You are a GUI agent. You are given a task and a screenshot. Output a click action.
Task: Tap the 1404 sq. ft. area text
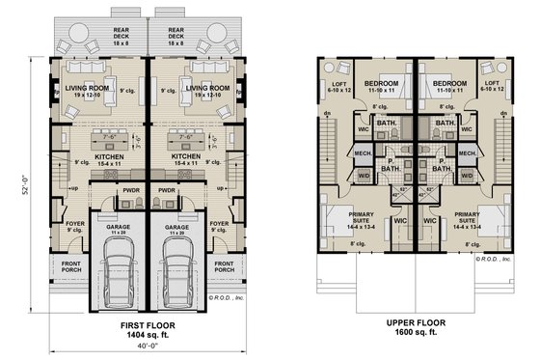pos(148,334)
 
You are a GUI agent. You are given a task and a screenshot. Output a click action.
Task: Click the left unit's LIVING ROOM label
pos(89,89)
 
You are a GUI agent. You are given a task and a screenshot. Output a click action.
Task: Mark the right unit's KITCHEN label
pos(185,155)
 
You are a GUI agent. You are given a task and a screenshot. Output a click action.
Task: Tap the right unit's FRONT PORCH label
pos(224,266)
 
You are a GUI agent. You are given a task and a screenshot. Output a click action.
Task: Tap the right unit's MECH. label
pos(467,152)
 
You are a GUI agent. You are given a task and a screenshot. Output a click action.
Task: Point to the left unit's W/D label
pos(362,177)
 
